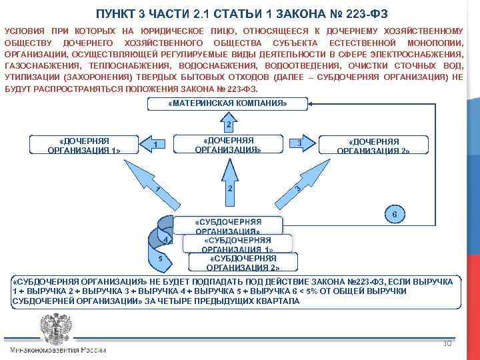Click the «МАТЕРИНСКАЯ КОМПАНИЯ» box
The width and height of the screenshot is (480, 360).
tap(227, 103)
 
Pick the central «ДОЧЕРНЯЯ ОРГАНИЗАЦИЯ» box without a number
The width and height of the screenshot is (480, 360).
tap(227, 145)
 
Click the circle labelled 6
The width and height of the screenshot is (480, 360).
tap(395, 215)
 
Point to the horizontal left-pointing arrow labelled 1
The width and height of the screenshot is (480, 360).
tap(154, 145)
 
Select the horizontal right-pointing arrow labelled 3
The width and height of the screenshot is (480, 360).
tap(301, 144)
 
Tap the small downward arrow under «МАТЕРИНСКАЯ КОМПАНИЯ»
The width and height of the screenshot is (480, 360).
tap(227, 123)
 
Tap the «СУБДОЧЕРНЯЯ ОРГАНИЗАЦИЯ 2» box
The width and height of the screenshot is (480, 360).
tap(243, 263)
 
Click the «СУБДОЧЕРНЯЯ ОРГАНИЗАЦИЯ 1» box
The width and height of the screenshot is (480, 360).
tap(237, 243)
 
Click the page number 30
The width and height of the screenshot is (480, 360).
tap(447, 343)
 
